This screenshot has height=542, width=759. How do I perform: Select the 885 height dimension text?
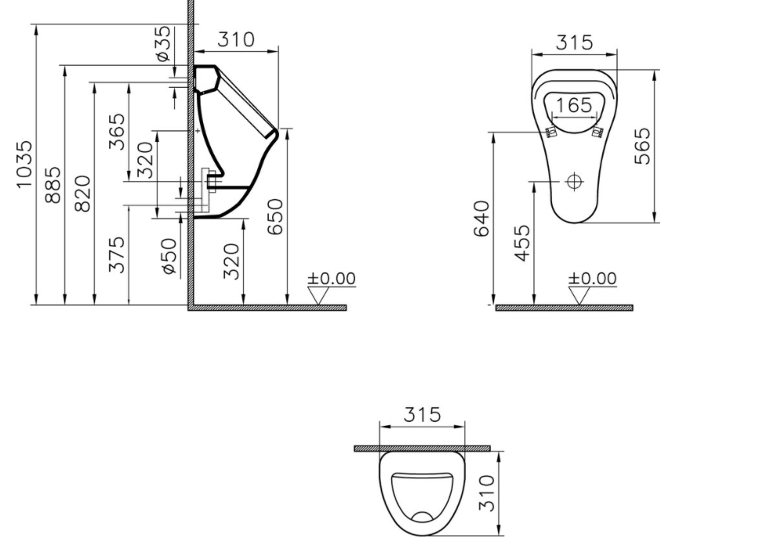pyautogui.click(x=53, y=184)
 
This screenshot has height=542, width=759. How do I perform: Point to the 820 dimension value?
pyautogui.click(x=82, y=193)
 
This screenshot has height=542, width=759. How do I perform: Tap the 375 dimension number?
pyautogui.click(x=116, y=254)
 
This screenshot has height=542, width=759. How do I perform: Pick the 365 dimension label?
pyautogui.click(x=116, y=132)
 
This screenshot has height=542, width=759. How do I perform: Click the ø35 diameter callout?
pyautogui.click(x=162, y=44)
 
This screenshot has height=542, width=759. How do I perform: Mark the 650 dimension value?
pyautogui.click(x=275, y=216)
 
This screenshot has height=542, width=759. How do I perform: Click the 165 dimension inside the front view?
pyautogui.click(x=574, y=104)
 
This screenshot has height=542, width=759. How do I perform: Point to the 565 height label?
pyautogui.click(x=642, y=146)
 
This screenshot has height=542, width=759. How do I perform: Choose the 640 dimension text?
pyautogui.click(x=481, y=217)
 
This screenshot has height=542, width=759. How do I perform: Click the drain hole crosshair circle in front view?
pyautogui.click(x=575, y=182)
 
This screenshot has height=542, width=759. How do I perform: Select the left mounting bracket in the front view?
pyautogui.click(x=550, y=131)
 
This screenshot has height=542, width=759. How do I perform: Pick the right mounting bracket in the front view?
pyautogui.click(x=599, y=131)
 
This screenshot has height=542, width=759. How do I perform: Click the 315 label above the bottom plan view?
pyautogui.click(x=422, y=414)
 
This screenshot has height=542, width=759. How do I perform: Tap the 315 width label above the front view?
pyautogui.click(x=574, y=42)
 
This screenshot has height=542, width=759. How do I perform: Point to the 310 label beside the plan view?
pyautogui.click(x=487, y=493)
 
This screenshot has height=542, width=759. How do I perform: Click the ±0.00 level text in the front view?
pyautogui.click(x=592, y=278)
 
